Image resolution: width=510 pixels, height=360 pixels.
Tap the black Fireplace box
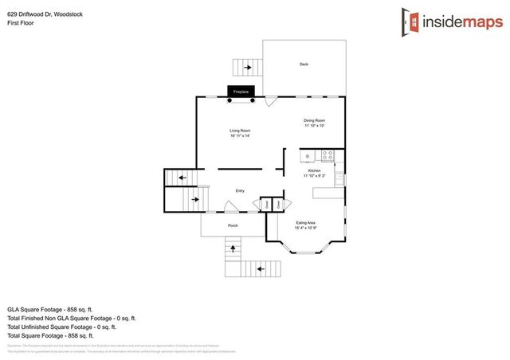click(241, 92)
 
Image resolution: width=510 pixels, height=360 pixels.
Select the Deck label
click(304, 65)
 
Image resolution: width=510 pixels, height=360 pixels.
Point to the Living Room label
click(240, 130)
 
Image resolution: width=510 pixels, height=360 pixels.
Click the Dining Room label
click(314, 120)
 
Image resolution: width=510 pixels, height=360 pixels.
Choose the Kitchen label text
click(314, 170)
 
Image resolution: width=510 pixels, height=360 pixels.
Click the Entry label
click(239, 190)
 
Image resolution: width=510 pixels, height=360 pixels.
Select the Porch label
click(233, 225)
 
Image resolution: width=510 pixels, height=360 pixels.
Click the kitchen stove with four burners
click(327, 155)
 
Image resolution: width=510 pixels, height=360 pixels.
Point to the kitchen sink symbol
click(307, 155)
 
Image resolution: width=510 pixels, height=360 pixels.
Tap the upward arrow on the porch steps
click(233, 248)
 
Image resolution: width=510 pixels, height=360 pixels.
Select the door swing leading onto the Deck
click(271, 101)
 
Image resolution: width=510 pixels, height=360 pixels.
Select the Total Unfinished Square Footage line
click(61, 327)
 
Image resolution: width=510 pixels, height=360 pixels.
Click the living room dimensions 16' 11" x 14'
click(240, 135)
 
